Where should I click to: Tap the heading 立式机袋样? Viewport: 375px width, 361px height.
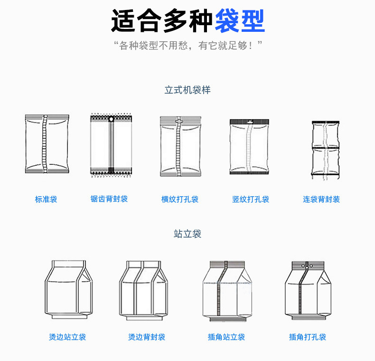tap(187, 90)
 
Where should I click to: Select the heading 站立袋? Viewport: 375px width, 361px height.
tap(187, 234)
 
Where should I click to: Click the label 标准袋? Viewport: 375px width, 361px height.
tap(46, 199)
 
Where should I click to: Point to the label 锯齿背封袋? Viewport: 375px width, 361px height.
tap(109, 199)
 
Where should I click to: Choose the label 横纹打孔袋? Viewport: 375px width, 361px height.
tap(180, 199)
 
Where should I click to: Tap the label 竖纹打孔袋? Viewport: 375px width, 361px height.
tap(251, 199)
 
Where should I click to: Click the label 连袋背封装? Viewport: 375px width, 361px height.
tap(321, 199)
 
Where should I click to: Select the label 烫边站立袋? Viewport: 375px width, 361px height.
tap(67, 337)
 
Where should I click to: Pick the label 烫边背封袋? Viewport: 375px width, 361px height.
tap(147, 337)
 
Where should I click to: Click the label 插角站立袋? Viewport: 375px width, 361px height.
tap(226, 337)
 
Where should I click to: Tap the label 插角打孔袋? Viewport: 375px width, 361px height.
tap(308, 337)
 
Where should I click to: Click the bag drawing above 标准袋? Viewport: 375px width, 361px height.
tap(47, 144)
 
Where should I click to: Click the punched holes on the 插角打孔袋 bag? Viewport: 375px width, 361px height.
tap(307, 266)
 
